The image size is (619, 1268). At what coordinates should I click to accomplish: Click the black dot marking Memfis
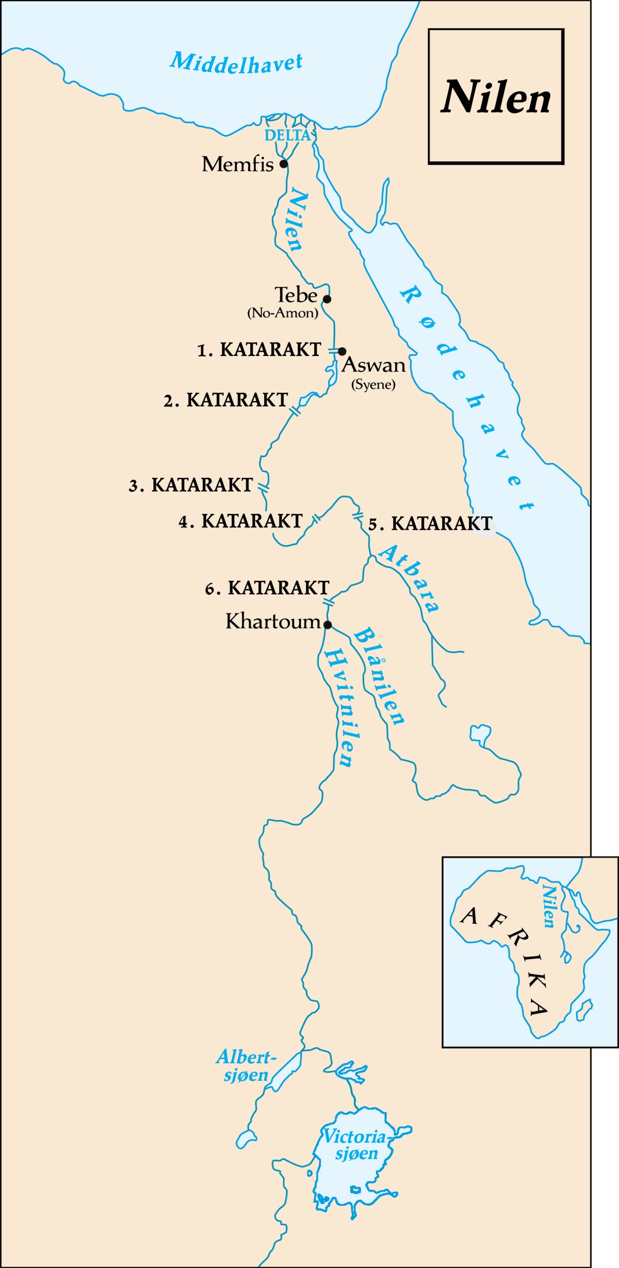click(x=283, y=164)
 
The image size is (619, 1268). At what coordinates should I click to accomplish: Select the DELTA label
click(x=288, y=136)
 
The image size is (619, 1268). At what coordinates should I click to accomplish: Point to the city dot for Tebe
click(x=327, y=299)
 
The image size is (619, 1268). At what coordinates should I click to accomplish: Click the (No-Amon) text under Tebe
click(x=283, y=313)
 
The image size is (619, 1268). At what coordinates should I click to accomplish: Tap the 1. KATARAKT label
click(x=259, y=350)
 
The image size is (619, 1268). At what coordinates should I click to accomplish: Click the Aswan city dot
click(x=341, y=351)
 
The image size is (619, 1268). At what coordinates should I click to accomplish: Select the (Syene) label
click(x=373, y=384)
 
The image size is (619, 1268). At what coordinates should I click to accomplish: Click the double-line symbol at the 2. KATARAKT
click(x=295, y=411)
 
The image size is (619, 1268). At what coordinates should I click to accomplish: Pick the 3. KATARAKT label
click(x=191, y=485)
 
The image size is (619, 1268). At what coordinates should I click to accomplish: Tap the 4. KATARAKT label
click(x=240, y=522)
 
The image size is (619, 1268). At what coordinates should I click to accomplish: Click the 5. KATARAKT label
click(x=430, y=524)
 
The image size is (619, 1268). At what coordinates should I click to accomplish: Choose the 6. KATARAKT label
click(x=267, y=588)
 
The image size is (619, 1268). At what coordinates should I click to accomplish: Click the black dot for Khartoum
click(x=328, y=625)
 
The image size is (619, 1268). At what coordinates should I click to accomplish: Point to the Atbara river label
click(x=410, y=578)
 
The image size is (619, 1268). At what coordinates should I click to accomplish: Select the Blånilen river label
click(x=379, y=676)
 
